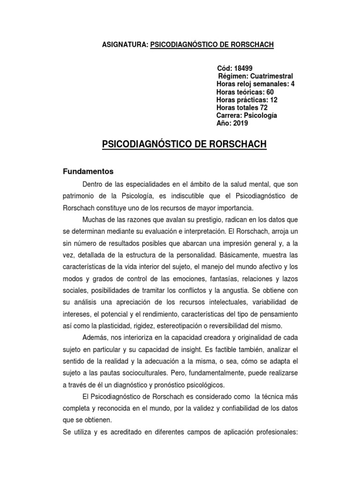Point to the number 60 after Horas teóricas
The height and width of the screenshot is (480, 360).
(270, 92)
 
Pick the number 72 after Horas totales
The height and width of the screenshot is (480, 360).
(264, 108)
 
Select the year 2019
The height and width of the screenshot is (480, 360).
(240, 124)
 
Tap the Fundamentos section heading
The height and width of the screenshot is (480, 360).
(88, 172)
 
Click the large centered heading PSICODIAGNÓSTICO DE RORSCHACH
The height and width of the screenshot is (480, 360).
(184, 144)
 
